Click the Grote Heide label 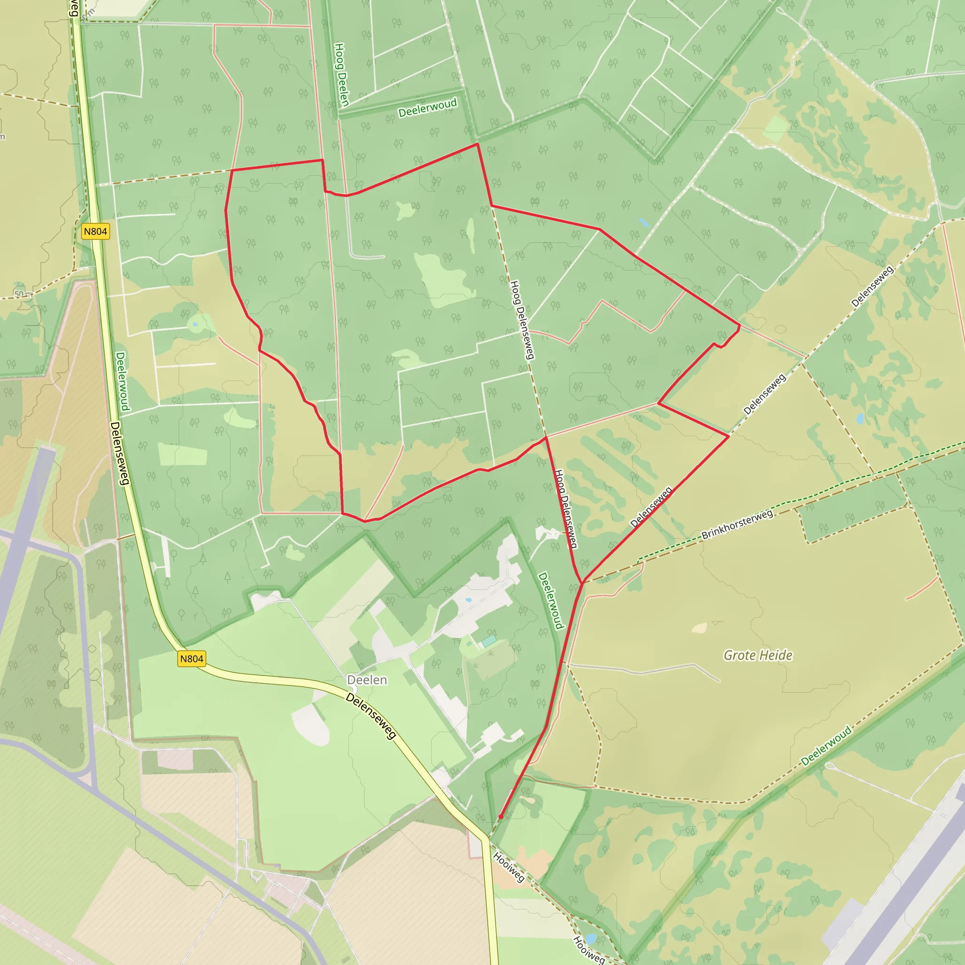(x=758, y=655)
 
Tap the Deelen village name (x=367, y=680)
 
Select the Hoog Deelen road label (x=341, y=74)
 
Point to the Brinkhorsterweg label (x=737, y=524)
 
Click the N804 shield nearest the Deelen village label (x=192, y=659)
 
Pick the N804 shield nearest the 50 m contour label (x=95, y=231)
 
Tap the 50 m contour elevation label (x=23, y=294)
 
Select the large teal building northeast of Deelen (x=489, y=640)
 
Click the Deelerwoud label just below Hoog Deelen (x=427, y=107)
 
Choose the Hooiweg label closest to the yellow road (x=508, y=867)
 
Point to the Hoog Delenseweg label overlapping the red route (x=566, y=508)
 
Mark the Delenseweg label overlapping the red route (x=651, y=507)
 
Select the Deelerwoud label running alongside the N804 (x=123, y=381)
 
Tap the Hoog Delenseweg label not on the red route (x=523, y=319)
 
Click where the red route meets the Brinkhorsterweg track (x=582, y=582)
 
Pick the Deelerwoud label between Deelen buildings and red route (x=551, y=601)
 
